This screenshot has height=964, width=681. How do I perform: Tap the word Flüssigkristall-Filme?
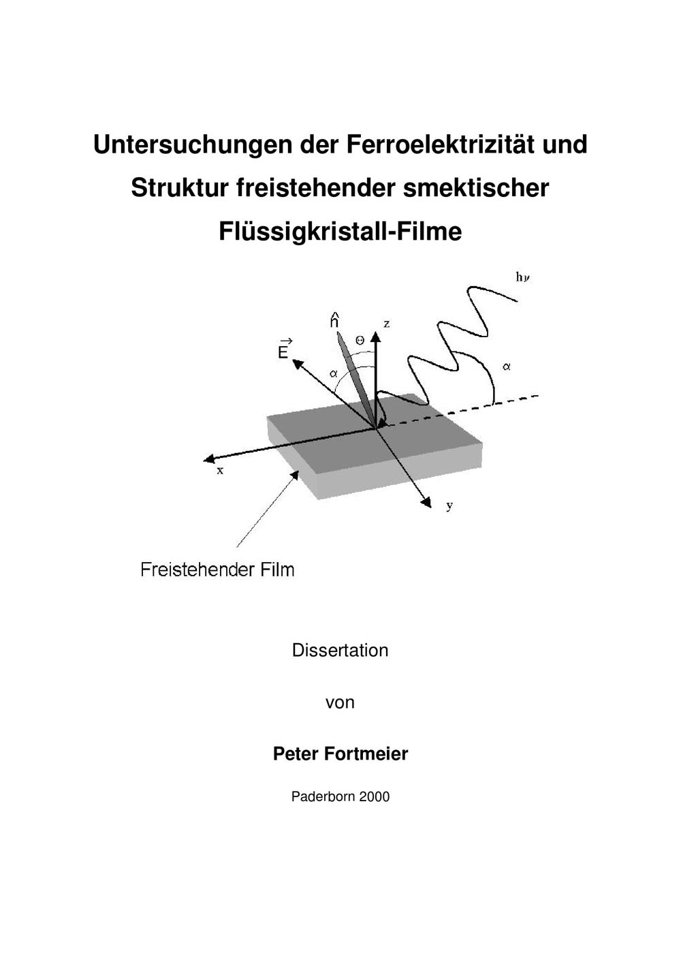pyautogui.click(x=340, y=232)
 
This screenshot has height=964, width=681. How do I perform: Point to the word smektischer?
pyautogui.click(x=476, y=188)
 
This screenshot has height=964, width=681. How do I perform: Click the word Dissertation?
pyautogui.click(x=340, y=650)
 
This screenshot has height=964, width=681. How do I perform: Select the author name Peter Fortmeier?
pyautogui.click(x=340, y=753)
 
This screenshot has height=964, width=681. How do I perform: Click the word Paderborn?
pyautogui.click(x=323, y=796)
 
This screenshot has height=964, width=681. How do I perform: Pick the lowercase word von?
pyautogui.click(x=340, y=703)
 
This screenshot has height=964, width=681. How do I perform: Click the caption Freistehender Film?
pyautogui.click(x=218, y=570)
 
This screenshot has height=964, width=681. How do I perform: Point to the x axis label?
pyautogui.click(x=220, y=471)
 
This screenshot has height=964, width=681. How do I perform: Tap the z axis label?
pyautogui.click(x=387, y=324)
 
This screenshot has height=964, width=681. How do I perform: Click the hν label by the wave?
pyautogui.click(x=523, y=277)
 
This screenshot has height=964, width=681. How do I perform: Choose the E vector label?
pyautogui.click(x=285, y=348)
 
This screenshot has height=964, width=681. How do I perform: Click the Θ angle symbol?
pyautogui.click(x=360, y=341)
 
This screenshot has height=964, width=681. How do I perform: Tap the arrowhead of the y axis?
pyautogui.click(x=426, y=503)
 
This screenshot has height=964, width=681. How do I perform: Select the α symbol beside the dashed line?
pyautogui.click(x=507, y=367)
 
